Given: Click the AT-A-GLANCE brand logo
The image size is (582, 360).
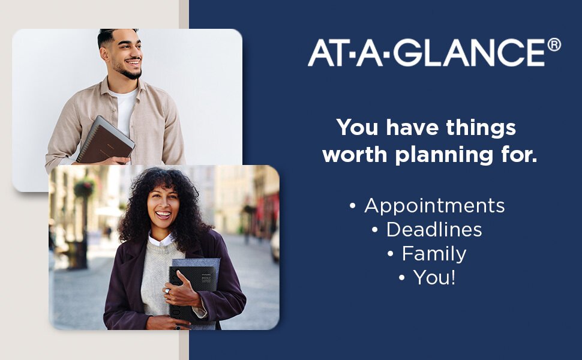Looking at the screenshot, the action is (x=434, y=52).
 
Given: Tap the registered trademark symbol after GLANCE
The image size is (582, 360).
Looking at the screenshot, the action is (x=554, y=44).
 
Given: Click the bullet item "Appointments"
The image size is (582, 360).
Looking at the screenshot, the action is (x=434, y=206).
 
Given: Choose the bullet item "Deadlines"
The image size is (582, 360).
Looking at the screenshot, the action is (x=434, y=229).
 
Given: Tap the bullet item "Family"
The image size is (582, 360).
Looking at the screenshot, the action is (x=434, y=254).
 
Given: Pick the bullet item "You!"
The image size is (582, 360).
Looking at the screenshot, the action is (x=434, y=277).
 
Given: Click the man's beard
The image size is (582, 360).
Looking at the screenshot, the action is (x=128, y=71).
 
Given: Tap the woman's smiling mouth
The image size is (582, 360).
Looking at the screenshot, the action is (x=163, y=214).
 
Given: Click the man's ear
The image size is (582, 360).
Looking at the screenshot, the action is (x=104, y=54).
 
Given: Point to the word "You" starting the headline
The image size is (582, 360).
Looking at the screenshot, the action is (x=356, y=128).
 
